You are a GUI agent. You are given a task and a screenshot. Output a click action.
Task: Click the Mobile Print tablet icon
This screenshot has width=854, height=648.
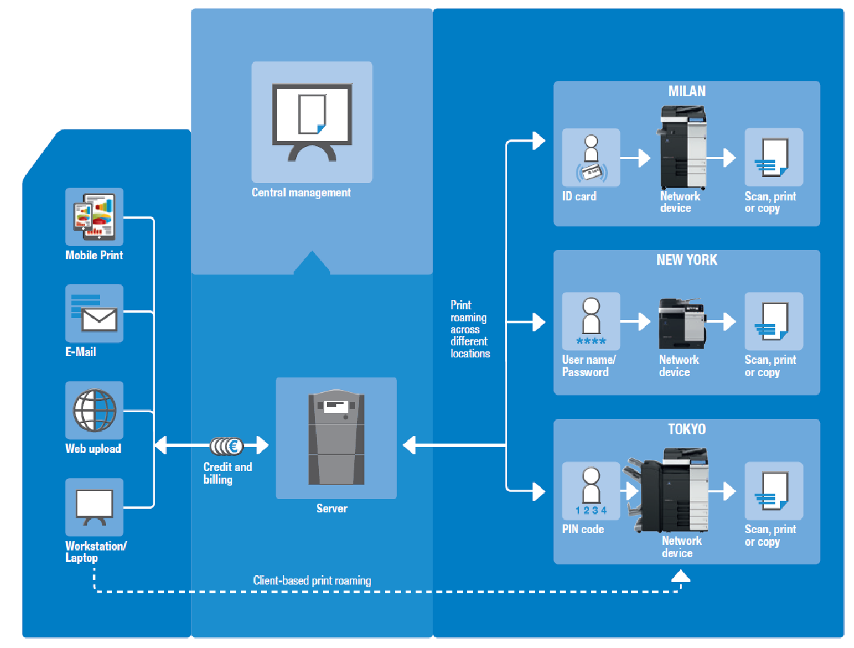(x=94, y=217)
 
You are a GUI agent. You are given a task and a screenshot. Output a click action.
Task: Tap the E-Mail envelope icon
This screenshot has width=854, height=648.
(x=94, y=314)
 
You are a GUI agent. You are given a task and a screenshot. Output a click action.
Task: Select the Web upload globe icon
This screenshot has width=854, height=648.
(x=94, y=410)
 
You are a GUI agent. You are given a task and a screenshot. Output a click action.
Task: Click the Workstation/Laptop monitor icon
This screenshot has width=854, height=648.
(x=94, y=507)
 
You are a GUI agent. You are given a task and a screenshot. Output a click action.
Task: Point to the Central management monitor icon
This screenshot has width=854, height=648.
(x=312, y=122)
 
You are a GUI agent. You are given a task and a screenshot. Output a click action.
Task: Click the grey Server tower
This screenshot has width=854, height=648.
(x=336, y=438)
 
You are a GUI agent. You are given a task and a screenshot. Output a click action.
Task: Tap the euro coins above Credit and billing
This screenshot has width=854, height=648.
(x=226, y=446)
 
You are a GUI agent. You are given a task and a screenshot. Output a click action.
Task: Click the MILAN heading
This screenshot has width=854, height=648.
(x=687, y=92)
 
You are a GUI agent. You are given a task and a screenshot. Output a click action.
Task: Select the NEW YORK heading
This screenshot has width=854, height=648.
(x=687, y=261)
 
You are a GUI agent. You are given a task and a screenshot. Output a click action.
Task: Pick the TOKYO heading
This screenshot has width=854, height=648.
(x=687, y=429)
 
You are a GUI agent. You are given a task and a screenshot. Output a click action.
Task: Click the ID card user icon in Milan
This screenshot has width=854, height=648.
(x=591, y=158)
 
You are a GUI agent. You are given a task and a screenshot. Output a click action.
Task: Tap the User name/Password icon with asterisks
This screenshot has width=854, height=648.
(x=591, y=321)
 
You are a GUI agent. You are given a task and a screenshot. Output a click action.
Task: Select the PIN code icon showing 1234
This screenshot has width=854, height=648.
(x=591, y=491)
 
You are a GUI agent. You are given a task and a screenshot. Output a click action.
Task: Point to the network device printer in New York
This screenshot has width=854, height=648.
(x=682, y=323)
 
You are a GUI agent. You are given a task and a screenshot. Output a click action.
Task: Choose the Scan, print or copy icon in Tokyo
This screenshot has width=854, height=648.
(x=774, y=491)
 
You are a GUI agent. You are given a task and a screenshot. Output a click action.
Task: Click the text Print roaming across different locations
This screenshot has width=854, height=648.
(x=470, y=329)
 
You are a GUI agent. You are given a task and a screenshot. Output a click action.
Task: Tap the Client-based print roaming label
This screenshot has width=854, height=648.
(x=312, y=581)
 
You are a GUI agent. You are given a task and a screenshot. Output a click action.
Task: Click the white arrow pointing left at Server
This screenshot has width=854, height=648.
(x=410, y=445)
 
